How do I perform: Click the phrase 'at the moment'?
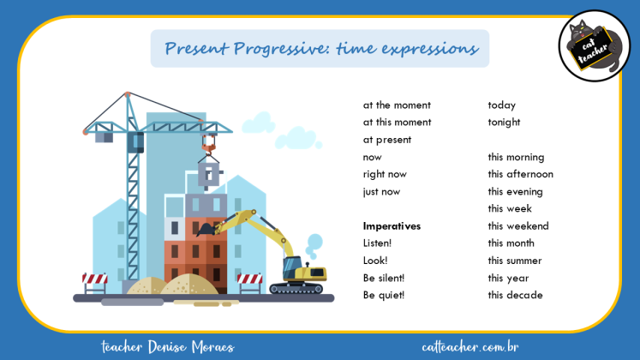point(397,105)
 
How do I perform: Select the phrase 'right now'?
point(385,175)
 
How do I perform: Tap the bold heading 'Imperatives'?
point(392,226)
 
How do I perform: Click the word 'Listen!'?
point(378,243)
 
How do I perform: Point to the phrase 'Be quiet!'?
point(384,296)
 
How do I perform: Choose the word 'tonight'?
point(505,123)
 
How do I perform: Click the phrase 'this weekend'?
point(518,226)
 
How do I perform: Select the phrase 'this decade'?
point(516,296)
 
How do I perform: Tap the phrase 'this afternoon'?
point(521,175)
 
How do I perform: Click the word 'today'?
point(502,105)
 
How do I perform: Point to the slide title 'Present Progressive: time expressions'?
point(320,48)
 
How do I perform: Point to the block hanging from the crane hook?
point(209,173)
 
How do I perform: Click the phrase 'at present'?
point(387,140)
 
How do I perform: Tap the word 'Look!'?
point(375,261)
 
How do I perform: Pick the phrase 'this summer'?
point(514,261)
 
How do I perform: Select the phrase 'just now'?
point(381,192)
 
